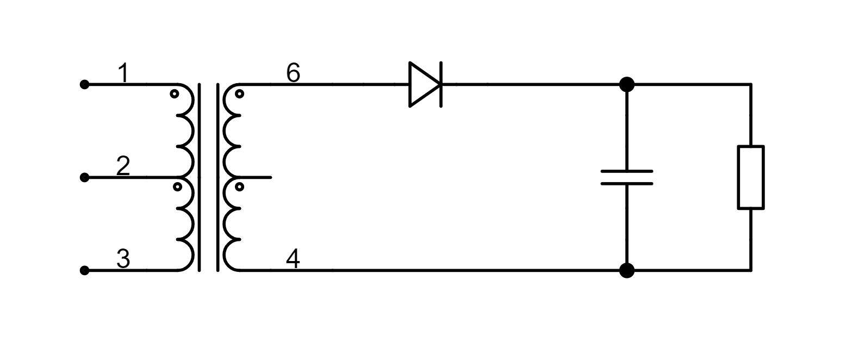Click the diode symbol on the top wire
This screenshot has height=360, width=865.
(425, 84)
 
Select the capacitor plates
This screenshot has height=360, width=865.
(627, 177)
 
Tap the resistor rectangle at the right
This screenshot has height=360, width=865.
(751, 177)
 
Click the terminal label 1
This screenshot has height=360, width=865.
(124, 73)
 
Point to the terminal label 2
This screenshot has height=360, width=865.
(123, 166)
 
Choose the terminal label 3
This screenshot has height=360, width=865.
(123, 259)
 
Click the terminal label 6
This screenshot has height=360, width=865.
(293, 73)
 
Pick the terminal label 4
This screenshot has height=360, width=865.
(293, 259)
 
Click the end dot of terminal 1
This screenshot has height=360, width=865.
(84, 84)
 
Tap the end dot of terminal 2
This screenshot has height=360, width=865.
(84, 177)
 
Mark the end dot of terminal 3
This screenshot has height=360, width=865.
(84, 270)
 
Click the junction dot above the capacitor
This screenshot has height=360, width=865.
(627, 84)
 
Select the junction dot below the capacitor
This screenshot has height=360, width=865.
(627, 270)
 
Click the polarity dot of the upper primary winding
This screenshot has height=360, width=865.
(175, 94)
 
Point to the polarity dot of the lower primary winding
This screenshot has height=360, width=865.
(177, 187)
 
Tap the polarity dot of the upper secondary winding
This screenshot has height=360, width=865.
(239, 94)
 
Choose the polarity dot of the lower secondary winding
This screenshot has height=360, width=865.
(239, 187)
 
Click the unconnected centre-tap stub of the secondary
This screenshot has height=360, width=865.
(261, 177)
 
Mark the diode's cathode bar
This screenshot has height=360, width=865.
(440, 84)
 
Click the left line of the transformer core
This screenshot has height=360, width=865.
(200, 177)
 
